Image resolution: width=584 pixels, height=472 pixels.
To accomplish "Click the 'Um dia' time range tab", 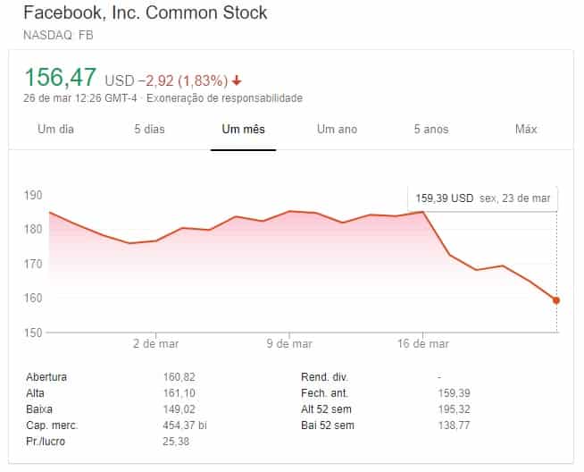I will pyautogui.click(x=55, y=130).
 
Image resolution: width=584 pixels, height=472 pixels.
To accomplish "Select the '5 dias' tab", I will pyautogui.click(x=149, y=130).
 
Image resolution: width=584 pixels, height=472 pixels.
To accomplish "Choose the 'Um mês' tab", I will pyautogui.click(x=243, y=130).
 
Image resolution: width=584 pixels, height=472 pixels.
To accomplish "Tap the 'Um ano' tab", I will pyautogui.click(x=337, y=130).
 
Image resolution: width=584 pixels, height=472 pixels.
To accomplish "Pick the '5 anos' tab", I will pyautogui.click(x=430, y=130).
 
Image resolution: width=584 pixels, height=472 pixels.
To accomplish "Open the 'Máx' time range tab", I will pyautogui.click(x=526, y=130).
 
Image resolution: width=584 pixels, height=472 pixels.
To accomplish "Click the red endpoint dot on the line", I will pyautogui.click(x=556, y=300).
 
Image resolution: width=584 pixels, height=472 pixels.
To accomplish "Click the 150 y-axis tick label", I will pyautogui.click(x=34, y=333).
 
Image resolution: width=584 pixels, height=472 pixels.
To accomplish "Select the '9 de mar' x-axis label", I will pyautogui.click(x=289, y=343).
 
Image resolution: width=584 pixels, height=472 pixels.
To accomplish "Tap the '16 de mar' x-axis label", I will pyautogui.click(x=423, y=343).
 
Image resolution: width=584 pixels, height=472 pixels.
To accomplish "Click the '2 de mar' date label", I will pyautogui.click(x=155, y=343).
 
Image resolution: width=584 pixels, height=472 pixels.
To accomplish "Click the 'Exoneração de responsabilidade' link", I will pyautogui.click(x=224, y=97).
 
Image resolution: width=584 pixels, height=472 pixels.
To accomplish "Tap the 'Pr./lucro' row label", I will pyautogui.click(x=46, y=442).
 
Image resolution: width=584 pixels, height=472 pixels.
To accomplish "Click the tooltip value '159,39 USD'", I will pyautogui.click(x=443, y=198).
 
